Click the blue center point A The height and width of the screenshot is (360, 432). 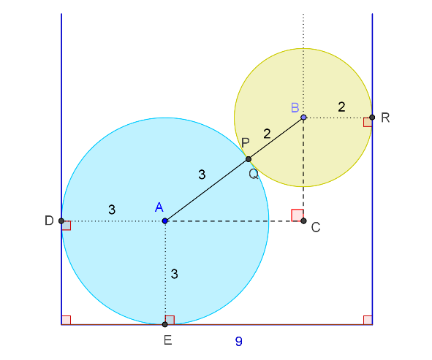(165, 221)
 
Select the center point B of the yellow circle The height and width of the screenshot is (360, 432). (303, 118)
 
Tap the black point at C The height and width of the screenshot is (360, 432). (303, 221)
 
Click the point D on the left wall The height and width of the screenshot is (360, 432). (61, 221)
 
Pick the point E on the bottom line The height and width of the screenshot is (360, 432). (164, 324)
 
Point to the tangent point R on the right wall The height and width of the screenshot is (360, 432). (372, 118)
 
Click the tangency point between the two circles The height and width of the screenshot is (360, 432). (249, 159)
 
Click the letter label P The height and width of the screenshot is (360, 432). (245, 142)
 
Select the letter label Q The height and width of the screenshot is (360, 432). (254, 174)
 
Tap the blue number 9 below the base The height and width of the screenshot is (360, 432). (239, 341)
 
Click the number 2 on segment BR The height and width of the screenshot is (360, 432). (341, 107)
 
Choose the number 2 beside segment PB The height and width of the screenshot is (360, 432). (267, 134)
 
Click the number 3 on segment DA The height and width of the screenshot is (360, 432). (112, 210)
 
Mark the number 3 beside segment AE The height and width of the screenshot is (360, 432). (174, 274)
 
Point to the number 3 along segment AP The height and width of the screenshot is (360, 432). (202, 175)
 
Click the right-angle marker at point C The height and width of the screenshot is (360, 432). (298, 215)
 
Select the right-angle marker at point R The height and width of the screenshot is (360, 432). (368, 122)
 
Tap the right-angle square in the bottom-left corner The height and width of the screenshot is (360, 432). (66, 320)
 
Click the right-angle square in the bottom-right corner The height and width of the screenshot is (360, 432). (368, 320)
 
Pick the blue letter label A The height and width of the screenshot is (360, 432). (159, 207)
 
